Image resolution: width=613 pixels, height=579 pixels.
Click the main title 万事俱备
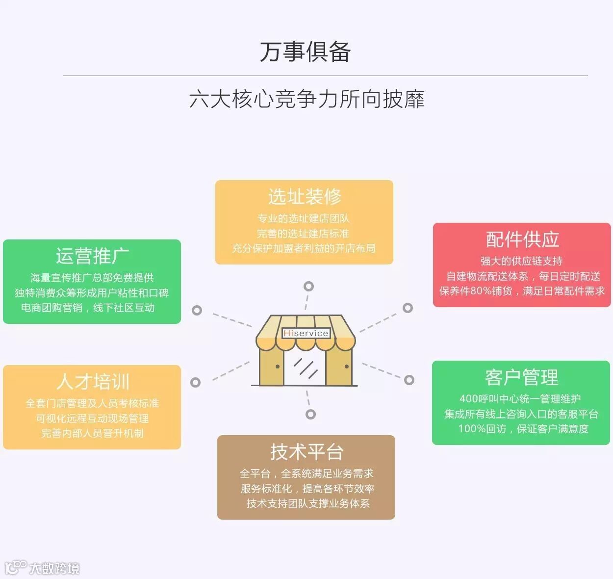coord(306,52)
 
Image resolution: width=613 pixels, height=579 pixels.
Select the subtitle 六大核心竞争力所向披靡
coord(306,99)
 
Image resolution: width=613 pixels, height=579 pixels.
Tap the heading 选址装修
coord(305,197)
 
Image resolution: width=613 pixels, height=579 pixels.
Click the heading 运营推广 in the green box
coord(92,256)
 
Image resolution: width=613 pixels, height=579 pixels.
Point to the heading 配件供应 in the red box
coord(522,239)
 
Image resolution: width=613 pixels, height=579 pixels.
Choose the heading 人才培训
coord(93,381)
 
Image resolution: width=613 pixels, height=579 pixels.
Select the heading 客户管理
coord(521,377)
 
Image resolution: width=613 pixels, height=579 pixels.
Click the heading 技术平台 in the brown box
coord(306,452)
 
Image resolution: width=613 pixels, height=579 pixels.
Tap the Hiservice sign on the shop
coord(306,333)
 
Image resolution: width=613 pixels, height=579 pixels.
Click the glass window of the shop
coord(305,368)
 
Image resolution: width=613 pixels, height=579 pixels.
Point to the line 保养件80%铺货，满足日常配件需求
coord(522,291)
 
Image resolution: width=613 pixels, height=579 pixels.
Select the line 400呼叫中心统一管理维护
coord(520,399)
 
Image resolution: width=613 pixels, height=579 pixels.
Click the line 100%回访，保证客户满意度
coord(523,429)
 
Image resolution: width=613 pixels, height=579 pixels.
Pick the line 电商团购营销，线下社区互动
coord(88,308)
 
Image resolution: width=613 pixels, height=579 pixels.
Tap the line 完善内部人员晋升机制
coord(92,433)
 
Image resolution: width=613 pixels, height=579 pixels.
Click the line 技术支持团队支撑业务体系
coord(308,503)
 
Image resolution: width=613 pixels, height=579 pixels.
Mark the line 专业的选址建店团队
coord(304,218)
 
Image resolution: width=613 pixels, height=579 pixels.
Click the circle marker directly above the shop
coord(308,286)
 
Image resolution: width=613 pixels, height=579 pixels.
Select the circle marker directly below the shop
coord(310,414)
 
